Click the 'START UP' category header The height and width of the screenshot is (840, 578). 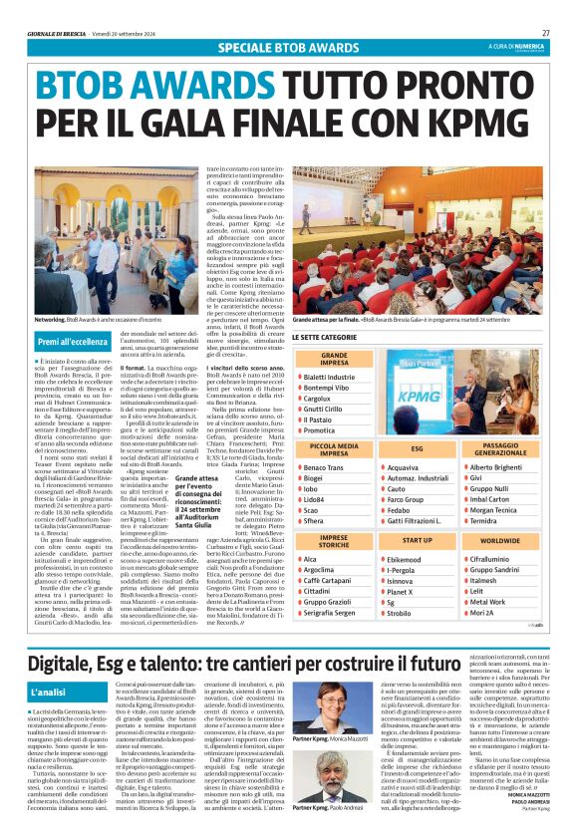(418, 539)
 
